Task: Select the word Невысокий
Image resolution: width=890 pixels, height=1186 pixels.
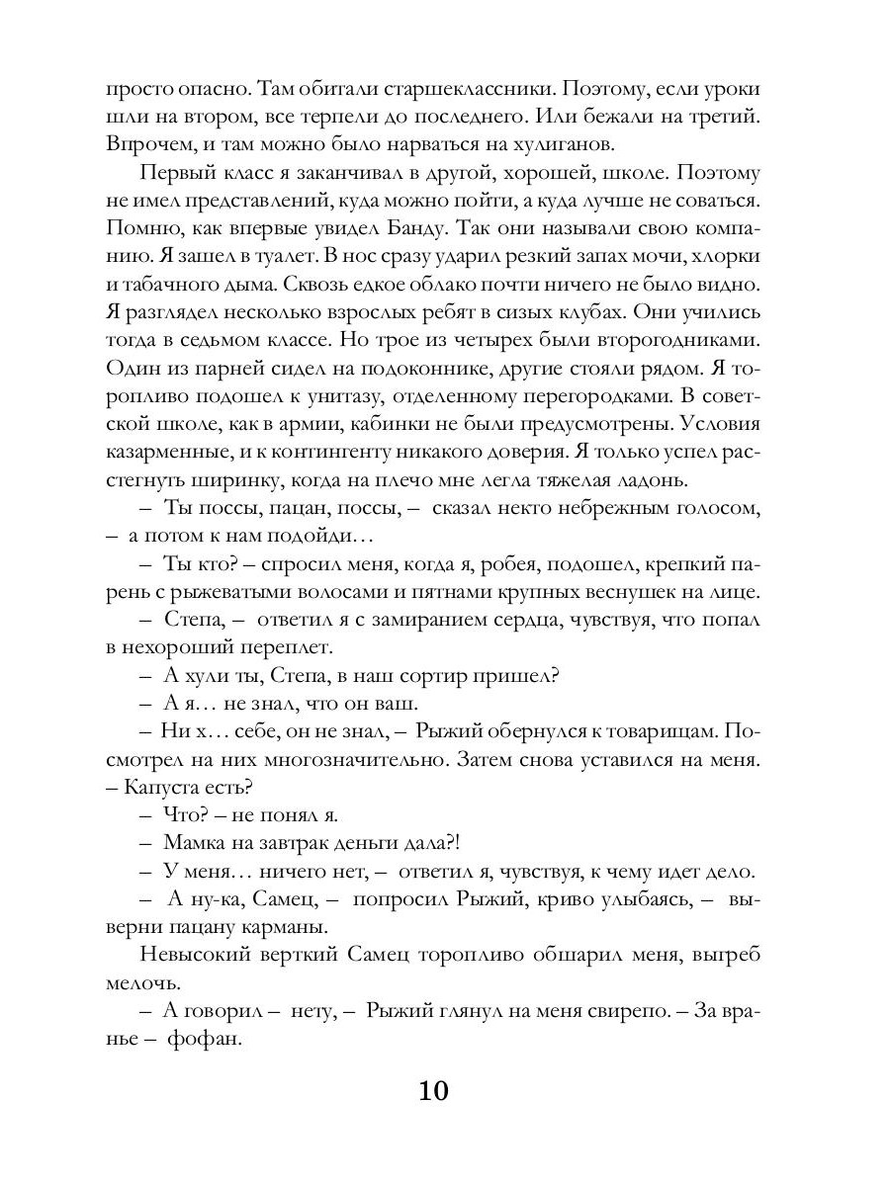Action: point(205,956)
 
